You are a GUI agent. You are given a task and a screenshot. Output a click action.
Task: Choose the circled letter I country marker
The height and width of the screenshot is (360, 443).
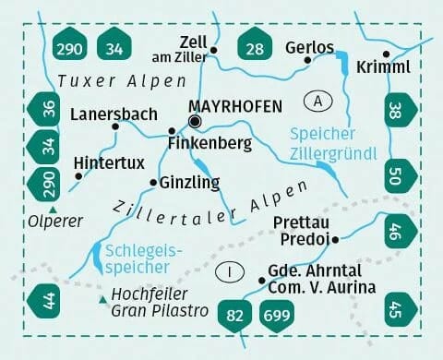(x=230, y=271)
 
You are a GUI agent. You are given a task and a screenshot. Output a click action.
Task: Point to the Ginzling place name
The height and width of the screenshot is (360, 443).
(x=191, y=182)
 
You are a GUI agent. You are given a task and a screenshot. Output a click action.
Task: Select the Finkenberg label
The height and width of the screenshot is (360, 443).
(x=210, y=144)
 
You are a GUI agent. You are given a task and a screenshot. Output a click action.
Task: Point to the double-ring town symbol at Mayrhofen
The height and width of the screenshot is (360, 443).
(x=194, y=122)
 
